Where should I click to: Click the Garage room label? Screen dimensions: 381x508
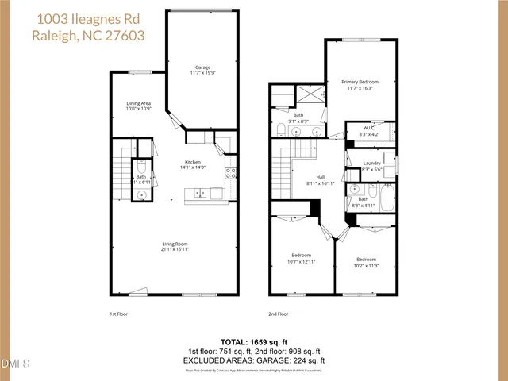pyautogui.click(x=202, y=67)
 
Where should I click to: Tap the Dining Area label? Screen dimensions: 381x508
pyautogui.click(x=139, y=103)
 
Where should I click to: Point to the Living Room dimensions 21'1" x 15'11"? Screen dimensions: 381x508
pyautogui.click(x=180, y=249)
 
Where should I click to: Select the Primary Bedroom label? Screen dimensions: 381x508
pyautogui.click(x=360, y=82)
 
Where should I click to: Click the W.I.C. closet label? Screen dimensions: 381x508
pyautogui.click(x=369, y=128)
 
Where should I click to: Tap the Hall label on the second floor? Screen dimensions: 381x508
pyautogui.click(x=321, y=177)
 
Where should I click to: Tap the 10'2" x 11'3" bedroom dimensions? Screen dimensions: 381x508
pyautogui.click(x=366, y=266)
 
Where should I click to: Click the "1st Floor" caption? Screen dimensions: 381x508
pyautogui.click(x=119, y=314)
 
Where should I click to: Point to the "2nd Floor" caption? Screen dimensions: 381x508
pyautogui.click(x=279, y=314)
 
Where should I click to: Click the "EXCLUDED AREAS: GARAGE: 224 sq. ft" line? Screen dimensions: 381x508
pyautogui.click(x=255, y=360)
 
